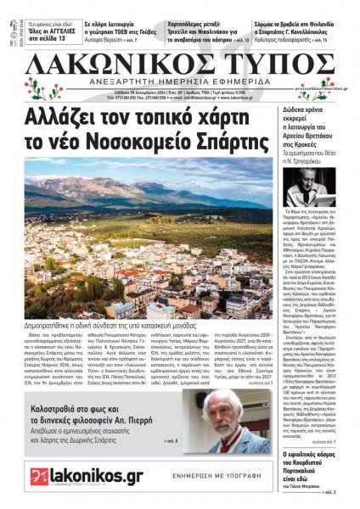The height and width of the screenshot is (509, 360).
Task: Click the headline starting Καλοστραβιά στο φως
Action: [114, 399]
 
